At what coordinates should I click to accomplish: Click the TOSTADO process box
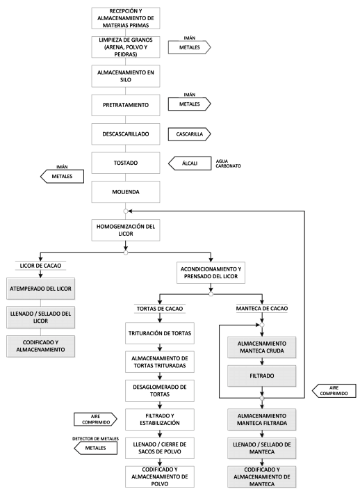(x=126, y=163)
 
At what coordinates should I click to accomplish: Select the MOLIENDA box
(x=126, y=192)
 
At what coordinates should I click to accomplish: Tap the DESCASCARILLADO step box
(x=126, y=134)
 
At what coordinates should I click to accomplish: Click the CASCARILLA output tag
(x=190, y=134)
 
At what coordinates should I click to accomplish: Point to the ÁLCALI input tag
(x=190, y=163)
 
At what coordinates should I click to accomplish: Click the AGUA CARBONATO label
(x=228, y=163)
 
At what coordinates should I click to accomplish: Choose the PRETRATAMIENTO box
(x=126, y=105)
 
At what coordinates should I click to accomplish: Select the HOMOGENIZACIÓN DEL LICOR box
(x=126, y=230)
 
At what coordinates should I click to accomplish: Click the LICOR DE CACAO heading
(x=40, y=266)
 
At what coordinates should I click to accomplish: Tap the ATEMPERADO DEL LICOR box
(x=40, y=289)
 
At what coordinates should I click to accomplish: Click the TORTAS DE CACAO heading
(x=160, y=309)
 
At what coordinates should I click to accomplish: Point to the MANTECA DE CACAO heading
(x=262, y=308)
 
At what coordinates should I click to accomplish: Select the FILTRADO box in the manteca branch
(x=262, y=376)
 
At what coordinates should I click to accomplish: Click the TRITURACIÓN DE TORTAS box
(x=160, y=333)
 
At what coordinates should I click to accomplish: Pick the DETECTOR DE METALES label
(x=95, y=439)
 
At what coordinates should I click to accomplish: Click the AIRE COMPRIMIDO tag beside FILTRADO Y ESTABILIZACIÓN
(x=95, y=419)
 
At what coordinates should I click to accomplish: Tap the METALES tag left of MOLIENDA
(x=63, y=176)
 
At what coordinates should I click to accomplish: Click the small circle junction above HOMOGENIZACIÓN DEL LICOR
(x=126, y=211)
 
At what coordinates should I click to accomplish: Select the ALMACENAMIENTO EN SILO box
(x=126, y=77)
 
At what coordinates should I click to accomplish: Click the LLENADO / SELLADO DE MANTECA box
(x=262, y=448)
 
